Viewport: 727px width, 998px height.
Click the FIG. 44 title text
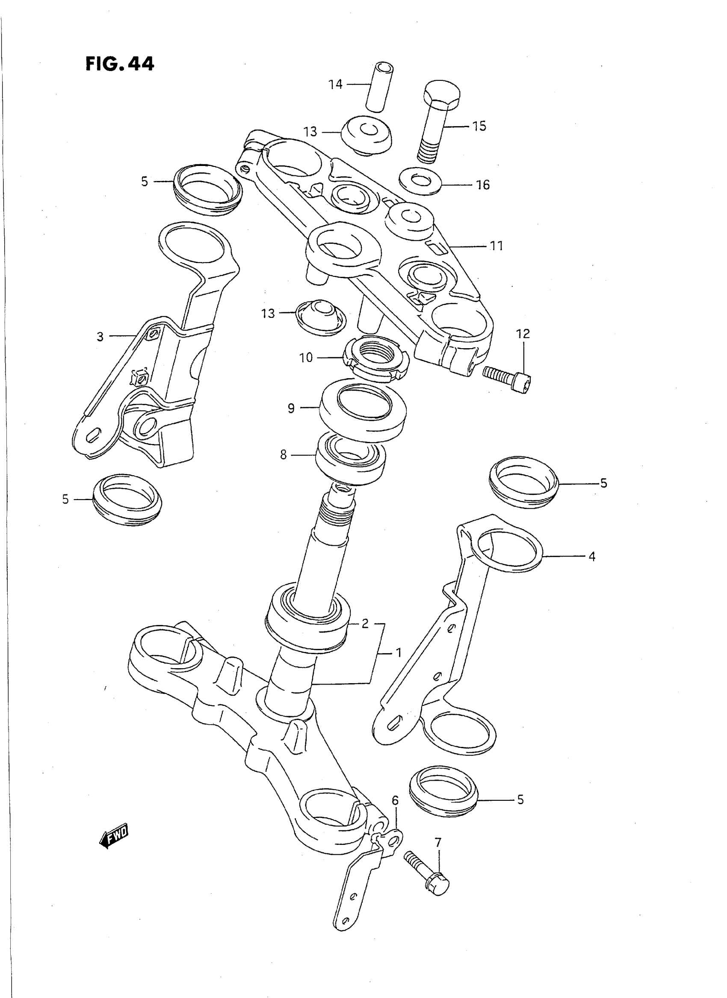point(120,64)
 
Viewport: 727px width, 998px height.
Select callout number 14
point(335,84)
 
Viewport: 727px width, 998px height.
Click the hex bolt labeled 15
point(438,119)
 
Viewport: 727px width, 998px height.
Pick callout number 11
point(496,246)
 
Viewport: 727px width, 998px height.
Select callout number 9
point(291,408)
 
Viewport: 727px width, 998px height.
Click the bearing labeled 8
point(351,458)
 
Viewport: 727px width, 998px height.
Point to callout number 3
point(100,337)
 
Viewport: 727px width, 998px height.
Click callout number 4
point(592,557)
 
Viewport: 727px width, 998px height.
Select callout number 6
point(395,800)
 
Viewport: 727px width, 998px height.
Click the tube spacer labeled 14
point(379,87)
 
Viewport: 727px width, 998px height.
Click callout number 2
point(365,623)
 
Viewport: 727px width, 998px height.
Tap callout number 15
point(479,126)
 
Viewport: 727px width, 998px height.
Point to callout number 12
point(523,334)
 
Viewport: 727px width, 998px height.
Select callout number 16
point(483,185)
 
